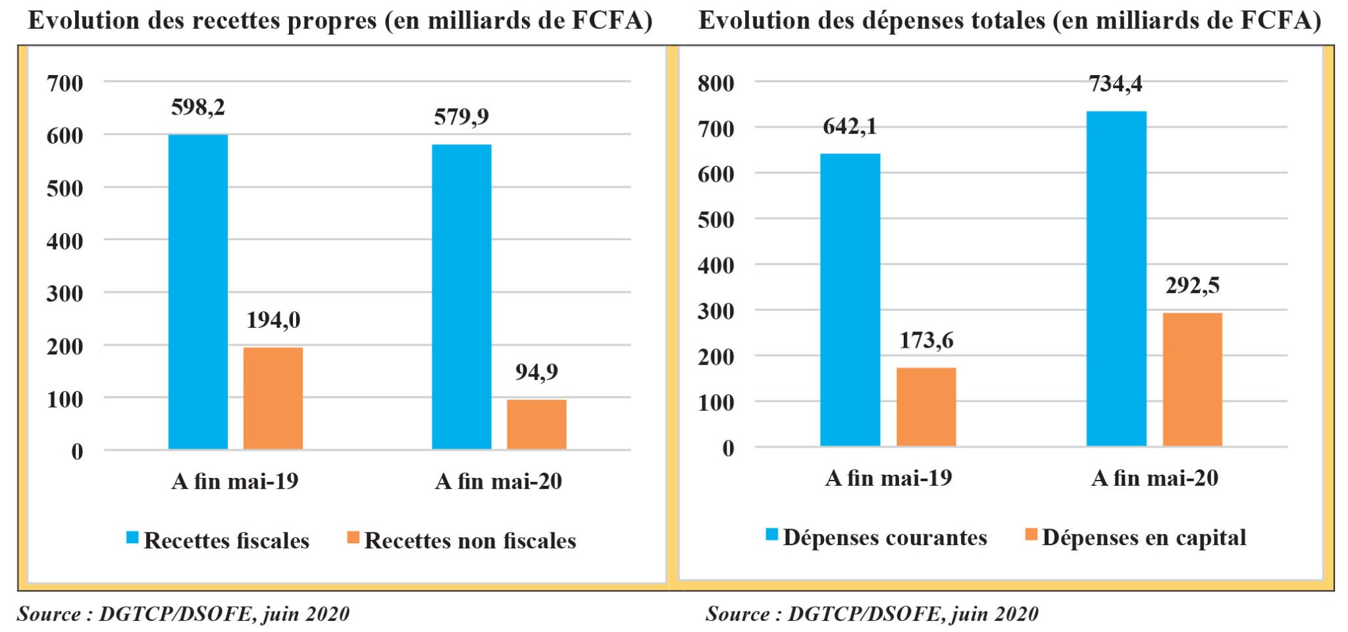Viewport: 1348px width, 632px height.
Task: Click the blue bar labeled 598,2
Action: tap(198, 292)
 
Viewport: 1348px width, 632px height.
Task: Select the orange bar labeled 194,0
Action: tap(273, 398)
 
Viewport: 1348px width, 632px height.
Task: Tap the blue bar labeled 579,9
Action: tap(461, 297)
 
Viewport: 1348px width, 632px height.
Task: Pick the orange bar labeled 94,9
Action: tap(536, 425)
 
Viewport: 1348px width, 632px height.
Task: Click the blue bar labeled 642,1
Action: tap(850, 300)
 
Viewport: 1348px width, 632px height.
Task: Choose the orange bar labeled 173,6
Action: tap(926, 407)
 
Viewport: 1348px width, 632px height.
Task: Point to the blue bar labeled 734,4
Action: tap(1116, 278)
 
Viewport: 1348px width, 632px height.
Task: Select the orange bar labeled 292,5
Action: tap(1192, 379)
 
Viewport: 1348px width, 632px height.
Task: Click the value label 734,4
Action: tap(1115, 84)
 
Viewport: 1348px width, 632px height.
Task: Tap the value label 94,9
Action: tap(536, 372)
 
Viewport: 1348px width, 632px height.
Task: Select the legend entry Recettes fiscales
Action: tap(218, 540)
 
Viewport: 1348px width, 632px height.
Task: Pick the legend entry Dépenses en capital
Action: tap(1136, 537)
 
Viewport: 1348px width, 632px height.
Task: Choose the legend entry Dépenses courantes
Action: tap(877, 537)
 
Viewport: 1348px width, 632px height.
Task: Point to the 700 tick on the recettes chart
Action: tap(65, 83)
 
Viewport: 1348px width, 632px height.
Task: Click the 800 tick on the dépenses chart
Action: tap(716, 83)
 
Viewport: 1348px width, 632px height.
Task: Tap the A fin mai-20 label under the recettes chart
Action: tap(499, 481)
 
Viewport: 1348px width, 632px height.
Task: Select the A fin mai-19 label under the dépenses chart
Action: tap(889, 478)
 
